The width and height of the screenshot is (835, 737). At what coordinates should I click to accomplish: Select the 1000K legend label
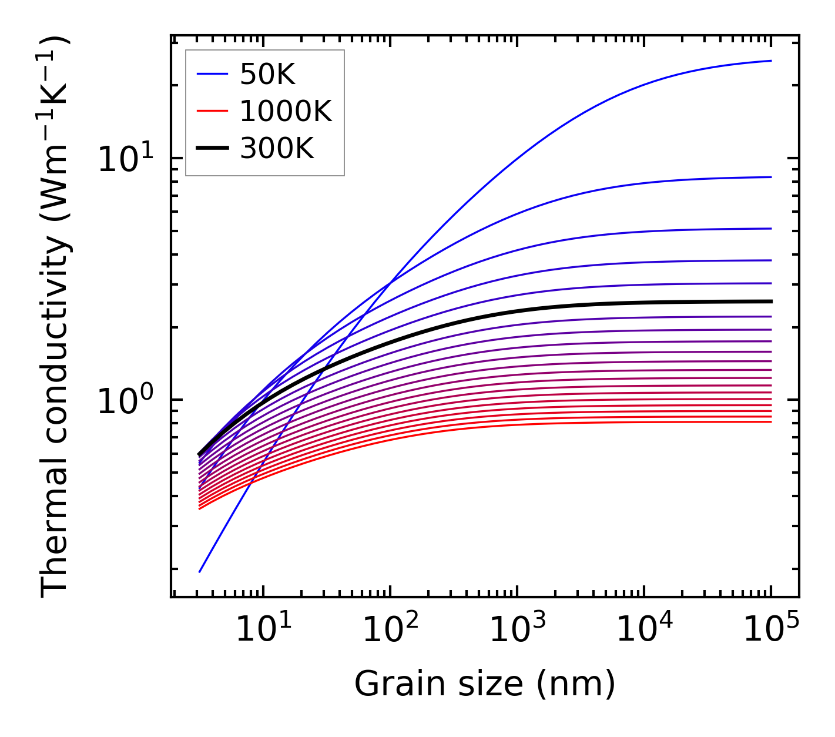286,111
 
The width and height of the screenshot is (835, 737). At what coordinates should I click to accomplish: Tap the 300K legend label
277,149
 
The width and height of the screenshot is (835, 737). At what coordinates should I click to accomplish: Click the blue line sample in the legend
212,74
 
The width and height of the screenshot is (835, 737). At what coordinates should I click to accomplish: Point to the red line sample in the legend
212,111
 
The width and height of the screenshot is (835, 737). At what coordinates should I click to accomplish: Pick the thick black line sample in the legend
212,149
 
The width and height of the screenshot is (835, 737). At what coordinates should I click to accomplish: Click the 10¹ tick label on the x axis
263,631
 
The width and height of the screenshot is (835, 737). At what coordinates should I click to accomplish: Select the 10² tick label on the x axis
390,631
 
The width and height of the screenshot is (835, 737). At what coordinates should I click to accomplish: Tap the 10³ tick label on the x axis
517,631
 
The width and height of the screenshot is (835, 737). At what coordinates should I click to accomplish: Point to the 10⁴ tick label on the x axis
644,631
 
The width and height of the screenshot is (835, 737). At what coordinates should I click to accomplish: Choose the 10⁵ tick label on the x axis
771,631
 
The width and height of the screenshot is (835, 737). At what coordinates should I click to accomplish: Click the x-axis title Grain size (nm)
485,684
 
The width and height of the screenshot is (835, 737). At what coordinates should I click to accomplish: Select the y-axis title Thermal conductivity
55,317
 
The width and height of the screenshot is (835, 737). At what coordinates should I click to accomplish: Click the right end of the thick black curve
771,301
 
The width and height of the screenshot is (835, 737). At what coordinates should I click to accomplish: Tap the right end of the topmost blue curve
771,61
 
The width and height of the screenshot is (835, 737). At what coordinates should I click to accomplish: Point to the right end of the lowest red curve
771,421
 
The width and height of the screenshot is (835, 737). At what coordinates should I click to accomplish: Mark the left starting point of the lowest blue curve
200,571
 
